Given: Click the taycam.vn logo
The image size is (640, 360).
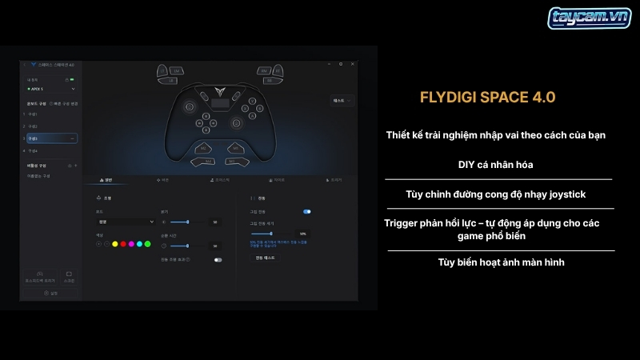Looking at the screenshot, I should tap(578, 19).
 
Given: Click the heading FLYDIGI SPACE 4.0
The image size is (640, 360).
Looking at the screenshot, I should tap(487, 98).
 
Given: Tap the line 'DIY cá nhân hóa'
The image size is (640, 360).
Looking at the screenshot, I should tap(496, 165).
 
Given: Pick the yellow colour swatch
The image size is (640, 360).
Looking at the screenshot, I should tap(115, 243).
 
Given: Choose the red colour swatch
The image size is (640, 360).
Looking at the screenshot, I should tap(123, 243).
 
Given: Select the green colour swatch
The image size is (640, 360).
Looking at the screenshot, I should tap(147, 243).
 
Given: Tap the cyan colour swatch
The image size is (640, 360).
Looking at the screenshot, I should tap(139, 243).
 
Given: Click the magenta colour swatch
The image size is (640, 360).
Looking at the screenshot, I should tap(131, 243).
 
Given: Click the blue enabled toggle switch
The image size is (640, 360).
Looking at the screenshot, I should tap(306, 211).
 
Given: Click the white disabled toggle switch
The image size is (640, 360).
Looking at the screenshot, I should tap(218, 260).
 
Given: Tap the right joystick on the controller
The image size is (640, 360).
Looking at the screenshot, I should tap(237, 122).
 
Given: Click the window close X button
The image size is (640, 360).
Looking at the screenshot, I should tap(353, 64).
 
